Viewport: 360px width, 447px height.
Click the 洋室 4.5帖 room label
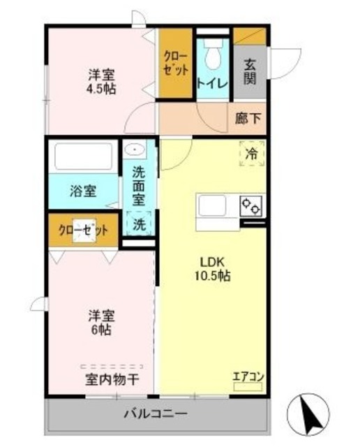102,82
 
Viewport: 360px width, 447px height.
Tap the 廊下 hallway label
248,119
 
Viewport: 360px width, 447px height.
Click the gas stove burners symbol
250,205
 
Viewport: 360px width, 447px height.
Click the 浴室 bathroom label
83,189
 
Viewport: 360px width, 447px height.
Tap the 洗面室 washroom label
140,184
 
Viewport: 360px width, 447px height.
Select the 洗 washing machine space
140,224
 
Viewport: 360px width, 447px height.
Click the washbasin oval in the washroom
134,149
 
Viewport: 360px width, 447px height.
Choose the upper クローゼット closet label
174,62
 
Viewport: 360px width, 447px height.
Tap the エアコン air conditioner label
248,377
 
